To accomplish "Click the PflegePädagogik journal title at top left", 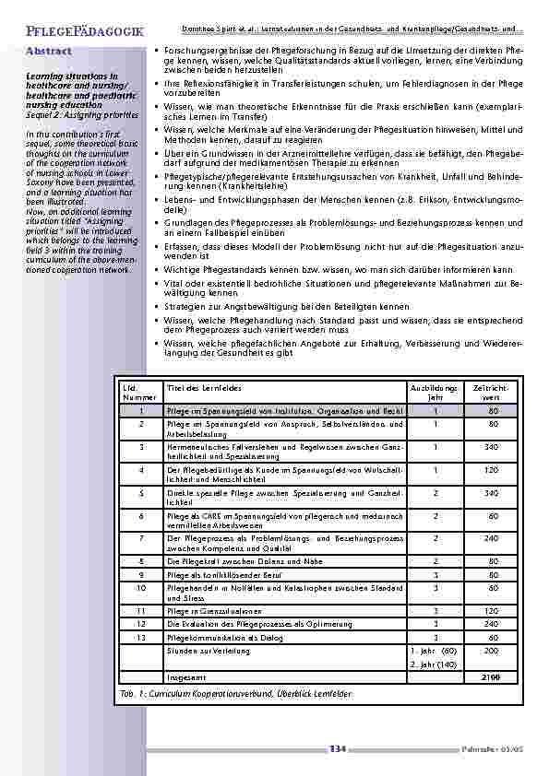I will pos(79,33).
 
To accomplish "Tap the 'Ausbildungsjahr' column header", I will pos(433,392).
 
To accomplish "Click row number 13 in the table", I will pos(140,637).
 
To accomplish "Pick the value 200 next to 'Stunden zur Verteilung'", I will pos(492,650).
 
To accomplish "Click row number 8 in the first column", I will pos(140,559).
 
